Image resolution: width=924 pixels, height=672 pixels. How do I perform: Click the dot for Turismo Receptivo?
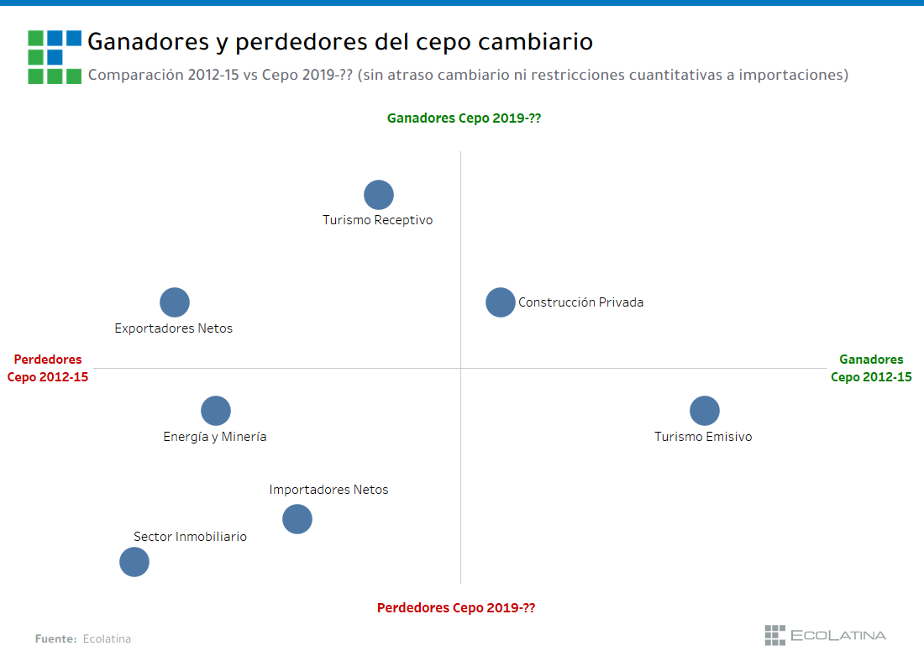pos(379,195)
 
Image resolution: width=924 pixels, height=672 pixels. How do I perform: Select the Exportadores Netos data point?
pos(175,302)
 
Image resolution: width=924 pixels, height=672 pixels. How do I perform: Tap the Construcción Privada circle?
pos(501,302)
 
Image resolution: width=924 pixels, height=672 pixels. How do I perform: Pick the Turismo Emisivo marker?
pos(705,411)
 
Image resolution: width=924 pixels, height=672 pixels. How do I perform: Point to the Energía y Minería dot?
pos(216,411)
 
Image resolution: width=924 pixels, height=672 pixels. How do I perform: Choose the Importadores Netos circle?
pos(297,519)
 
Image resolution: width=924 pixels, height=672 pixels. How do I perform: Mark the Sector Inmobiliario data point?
pos(134,562)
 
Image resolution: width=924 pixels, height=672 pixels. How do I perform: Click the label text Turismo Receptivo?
pos(377,220)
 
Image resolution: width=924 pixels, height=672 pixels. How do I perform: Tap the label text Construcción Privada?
pos(580,302)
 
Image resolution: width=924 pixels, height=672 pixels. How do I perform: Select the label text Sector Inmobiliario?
pos(190,537)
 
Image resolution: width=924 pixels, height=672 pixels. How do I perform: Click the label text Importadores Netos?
pos(328,490)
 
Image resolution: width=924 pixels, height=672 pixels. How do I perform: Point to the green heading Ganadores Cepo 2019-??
pos(464,118)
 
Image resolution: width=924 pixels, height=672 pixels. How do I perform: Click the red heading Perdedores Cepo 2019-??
pos(455,608)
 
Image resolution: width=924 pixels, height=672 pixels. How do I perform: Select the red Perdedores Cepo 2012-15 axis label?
pos(48,368)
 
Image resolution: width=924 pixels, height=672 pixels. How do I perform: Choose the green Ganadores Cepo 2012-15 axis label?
pos(871,368)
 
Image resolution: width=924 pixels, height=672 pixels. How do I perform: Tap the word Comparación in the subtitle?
pos(135,75)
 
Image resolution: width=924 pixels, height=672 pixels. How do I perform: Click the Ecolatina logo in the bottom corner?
pos(825,635)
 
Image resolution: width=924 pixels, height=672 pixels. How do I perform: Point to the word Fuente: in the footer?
pos(56,639)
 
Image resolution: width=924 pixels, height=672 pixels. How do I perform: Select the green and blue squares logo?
pos(55,56)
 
